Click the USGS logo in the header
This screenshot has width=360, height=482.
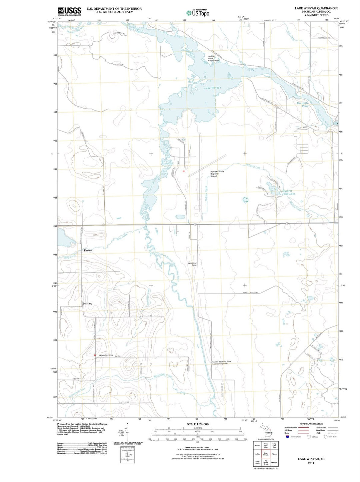coord(69,11)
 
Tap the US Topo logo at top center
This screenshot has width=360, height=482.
coord(198,13)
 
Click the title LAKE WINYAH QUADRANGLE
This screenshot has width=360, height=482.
coord(316,8)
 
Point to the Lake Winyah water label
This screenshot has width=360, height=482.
coord(212,88)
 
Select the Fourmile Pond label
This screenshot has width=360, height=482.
coord(303,104)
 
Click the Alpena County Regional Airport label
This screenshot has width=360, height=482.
coord(217,174)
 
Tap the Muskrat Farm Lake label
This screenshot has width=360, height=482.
coord(288,192)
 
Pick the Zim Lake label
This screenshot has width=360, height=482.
coord(246,200)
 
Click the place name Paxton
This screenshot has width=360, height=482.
coord(88,250)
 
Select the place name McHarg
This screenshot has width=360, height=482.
coord(87,304)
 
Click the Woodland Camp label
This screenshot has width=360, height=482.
coord(192,264)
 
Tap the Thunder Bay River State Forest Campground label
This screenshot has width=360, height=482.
coord(221,362)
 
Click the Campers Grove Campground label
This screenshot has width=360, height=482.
coord(213,59)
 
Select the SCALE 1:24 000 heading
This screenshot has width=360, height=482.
coord(198,424)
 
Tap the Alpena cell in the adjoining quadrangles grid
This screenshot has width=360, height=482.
coord(274,454)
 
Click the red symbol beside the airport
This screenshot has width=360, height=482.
coord(183,171)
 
